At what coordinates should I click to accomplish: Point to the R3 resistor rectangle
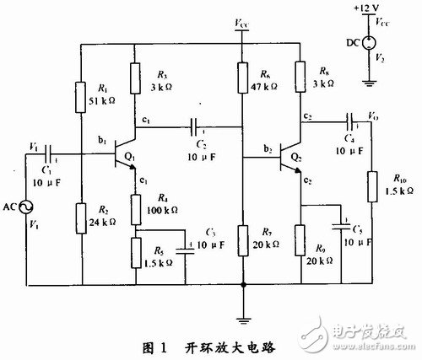[135, 78]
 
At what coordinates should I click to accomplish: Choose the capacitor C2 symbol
[196, 128]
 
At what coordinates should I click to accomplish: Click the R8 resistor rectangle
[301, 75]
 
